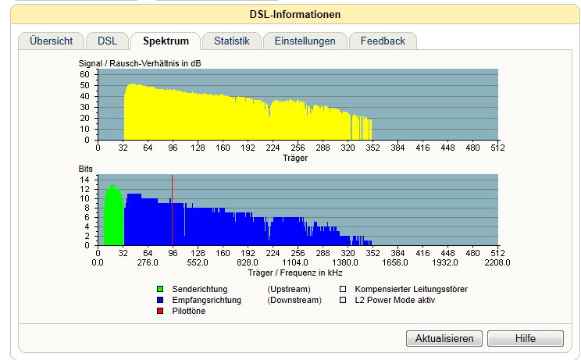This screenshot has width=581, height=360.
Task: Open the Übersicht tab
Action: pos(51,41)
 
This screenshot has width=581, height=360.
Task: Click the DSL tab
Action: pos(108,41)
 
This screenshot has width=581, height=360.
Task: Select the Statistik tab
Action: pos(232,41)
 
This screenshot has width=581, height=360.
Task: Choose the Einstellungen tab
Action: pos(305,41)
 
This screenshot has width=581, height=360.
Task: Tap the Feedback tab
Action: pos(383,41)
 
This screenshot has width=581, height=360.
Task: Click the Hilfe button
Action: pos(526,338)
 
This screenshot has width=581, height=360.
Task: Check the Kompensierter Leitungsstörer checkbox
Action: pos(343,289)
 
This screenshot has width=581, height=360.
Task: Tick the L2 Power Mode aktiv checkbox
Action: pos(343,300)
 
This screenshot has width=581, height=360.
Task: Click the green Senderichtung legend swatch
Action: pos(160,289)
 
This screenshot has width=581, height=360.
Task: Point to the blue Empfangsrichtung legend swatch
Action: pos(160,300)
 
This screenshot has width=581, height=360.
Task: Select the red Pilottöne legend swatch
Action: pos(160,311)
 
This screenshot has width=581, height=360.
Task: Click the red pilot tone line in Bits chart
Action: pos(173,210)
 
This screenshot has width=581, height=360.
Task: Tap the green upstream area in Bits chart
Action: pos(113,219)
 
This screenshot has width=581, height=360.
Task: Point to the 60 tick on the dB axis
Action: pos(84,74)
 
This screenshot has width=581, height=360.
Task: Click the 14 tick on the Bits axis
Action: pos(84,180)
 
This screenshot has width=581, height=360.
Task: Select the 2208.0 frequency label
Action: pos(497,262)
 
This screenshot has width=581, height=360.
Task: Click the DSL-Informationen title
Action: pos(295,14)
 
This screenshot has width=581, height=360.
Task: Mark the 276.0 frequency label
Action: pos(148,262)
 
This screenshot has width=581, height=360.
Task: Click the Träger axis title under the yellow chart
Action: pos(295,159)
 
